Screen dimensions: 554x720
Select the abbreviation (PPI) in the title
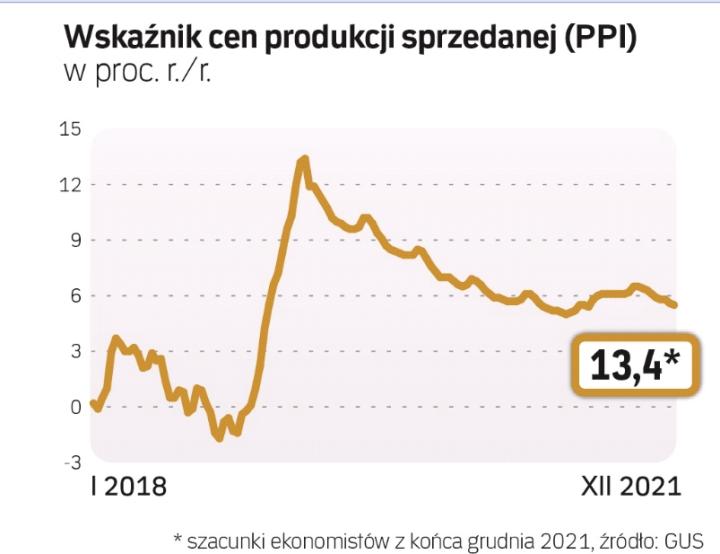tap(596, 38)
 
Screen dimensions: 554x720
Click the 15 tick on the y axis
tap(69, 129)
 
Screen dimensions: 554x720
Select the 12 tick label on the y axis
tap(69, 185)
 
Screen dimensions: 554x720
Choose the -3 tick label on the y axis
tap(70, 462)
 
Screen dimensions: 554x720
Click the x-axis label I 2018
tap(128, 488)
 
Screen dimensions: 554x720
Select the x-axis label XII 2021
tap(631, 488)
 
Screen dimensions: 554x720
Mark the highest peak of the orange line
tap(304, 158)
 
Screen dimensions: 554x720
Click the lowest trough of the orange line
tap(220, 438)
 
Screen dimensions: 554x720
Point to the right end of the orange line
tap(675, 305)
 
